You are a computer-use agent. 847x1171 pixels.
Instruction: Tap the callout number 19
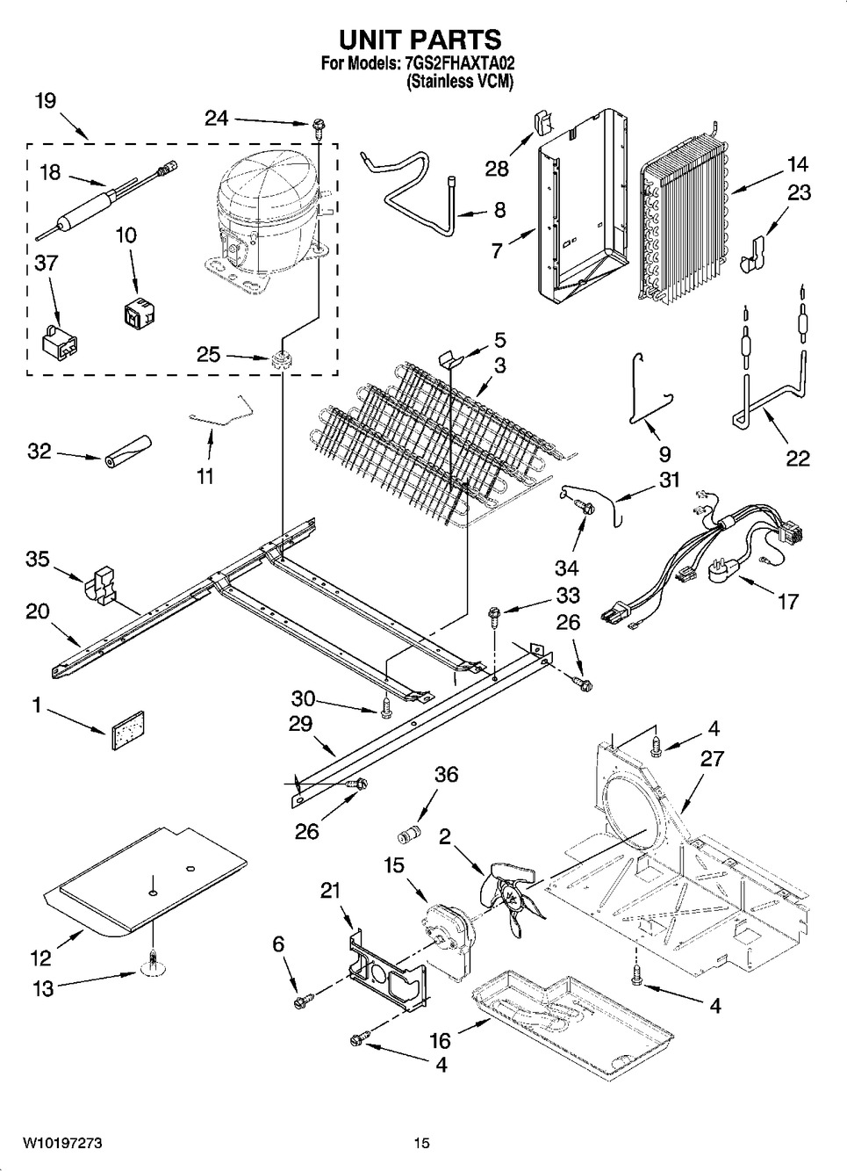[x=46, y=100]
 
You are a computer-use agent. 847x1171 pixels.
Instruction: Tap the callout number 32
[x=39, y=452]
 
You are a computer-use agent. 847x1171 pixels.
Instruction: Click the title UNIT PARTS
[x=420, y=40]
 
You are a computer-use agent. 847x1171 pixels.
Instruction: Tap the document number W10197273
[x=62, y=1143]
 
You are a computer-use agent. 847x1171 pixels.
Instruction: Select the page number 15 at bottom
[x=422, y=1143]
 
